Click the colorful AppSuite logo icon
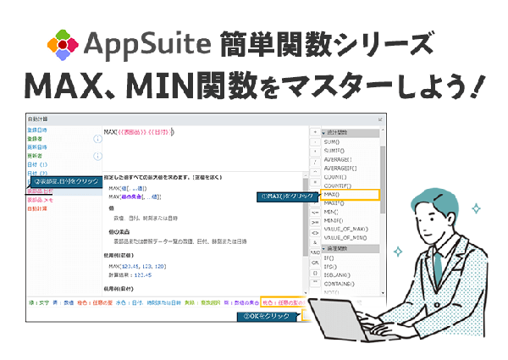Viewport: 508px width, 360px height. tap(63, 43)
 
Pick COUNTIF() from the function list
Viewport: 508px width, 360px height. tap(342, 182)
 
